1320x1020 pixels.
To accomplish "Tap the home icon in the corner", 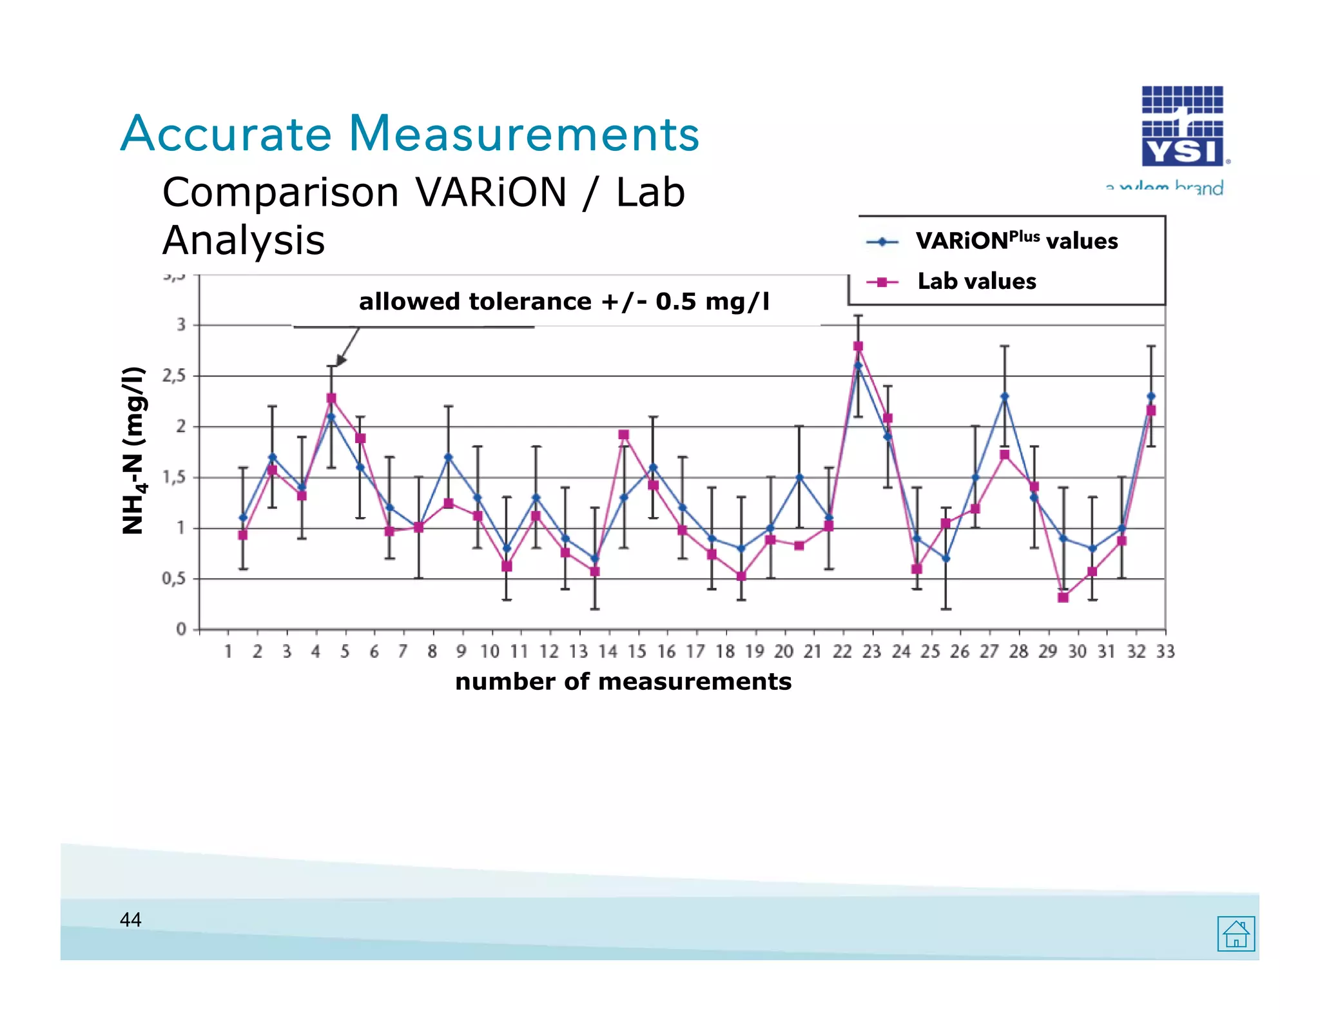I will tap(1236, 934).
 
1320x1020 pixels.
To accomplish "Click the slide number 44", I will tap(131, 919).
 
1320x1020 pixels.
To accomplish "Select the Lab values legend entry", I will tap(976, 281).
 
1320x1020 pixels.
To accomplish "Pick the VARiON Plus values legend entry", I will tap(1016, 241).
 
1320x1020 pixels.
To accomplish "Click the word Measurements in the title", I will tap(523, 133).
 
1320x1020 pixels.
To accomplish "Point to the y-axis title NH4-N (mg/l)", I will tap(133, 450).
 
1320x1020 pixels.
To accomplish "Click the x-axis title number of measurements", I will tap(623, 682).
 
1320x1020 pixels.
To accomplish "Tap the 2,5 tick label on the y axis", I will tap(174, 375).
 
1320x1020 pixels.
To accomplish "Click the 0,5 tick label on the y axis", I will tap(174, 578).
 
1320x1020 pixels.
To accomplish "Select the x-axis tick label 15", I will tap(637, 652).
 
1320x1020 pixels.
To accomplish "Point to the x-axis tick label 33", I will tap(1165, 652).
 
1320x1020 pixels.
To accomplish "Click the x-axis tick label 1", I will tap(228, 652).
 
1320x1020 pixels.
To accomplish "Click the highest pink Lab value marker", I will tap(858, 346).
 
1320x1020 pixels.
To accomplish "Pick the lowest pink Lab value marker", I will tap(1063, 598).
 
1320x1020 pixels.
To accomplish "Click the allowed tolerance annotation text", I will tap(564, 302).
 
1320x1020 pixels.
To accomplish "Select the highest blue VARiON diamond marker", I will tap(858, 366).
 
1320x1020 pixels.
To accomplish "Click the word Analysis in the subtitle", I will tap(244, 240).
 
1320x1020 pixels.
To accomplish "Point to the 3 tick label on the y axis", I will tap(181, 324).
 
